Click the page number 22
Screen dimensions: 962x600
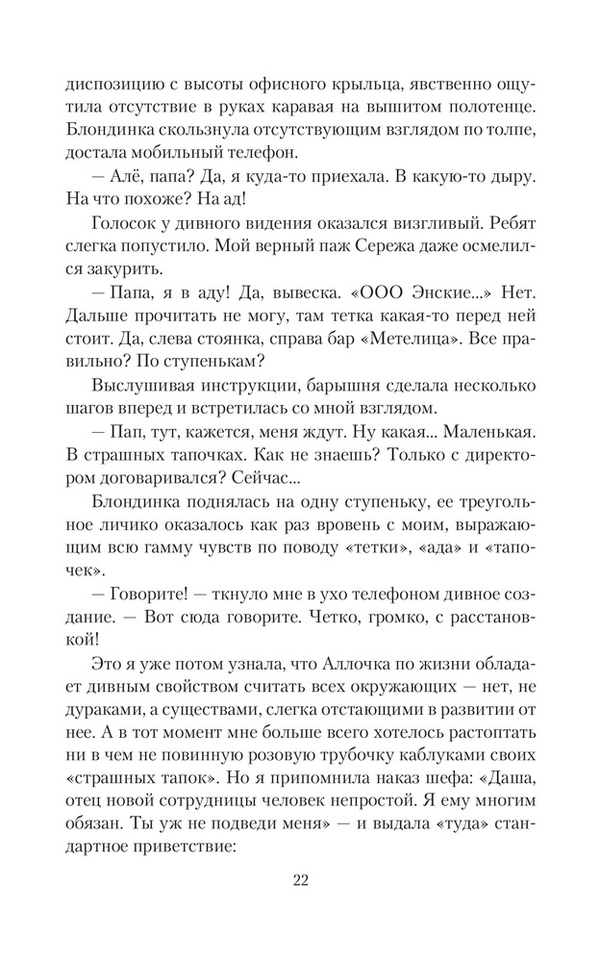pos(299,879)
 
